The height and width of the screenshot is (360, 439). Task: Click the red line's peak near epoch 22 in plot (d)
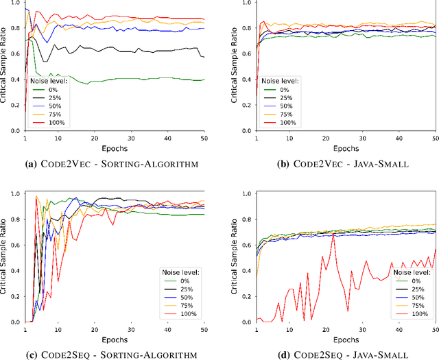(x=333, y=235)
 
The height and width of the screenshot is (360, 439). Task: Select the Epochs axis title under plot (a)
(x=115, y=146)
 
